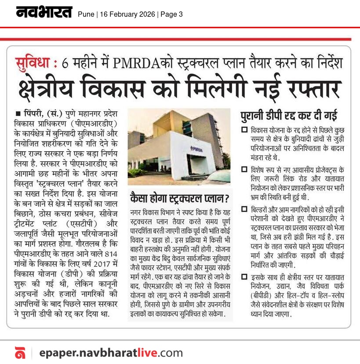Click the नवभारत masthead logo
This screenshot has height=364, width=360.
click(x=44, y=13)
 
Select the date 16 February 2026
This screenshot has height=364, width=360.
click(x=127, y=15)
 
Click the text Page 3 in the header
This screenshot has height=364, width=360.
click(x=171, y=15)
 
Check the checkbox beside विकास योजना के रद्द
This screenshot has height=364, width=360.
click(x=244, y=131)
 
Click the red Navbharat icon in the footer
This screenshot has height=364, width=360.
click(x=20, y=353)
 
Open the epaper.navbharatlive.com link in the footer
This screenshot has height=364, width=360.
click(x=110, y=352)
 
